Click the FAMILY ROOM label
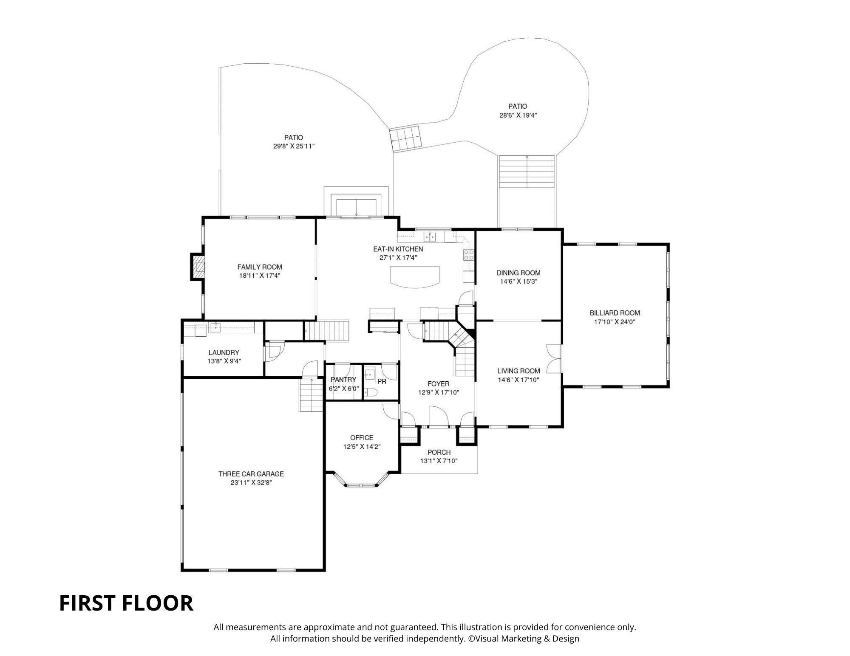click(259, 267)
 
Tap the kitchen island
click(415, 276)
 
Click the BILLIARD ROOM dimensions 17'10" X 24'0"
click(615, 322)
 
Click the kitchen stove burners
click(468, 255)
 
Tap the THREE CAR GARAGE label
click(251, 474)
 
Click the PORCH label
click(439, 452)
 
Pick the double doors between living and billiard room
click(554, 358)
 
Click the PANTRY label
click(343, 380)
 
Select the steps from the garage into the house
click(311, 395)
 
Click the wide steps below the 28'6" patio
click(527, 172)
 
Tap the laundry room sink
click(215, 327)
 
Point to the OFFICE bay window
click(362, 484)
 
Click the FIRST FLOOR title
click(126, 603)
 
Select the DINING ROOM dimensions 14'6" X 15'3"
click(518, 282)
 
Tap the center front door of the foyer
click(438, 416)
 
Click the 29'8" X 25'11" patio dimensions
click(294, 146)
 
